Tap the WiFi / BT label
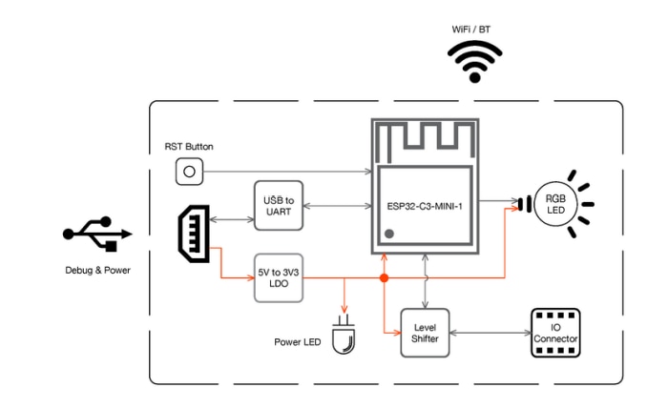tap(475, 30)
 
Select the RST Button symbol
tap(189, 172)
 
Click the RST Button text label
tap(189, 147)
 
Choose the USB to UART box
tap(279, 205)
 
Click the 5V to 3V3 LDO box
tap(279, 277)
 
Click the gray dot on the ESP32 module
tap(389, 234)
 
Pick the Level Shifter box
tap(425, 333)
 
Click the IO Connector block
tap(555, 333)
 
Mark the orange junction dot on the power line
tap(384, 278)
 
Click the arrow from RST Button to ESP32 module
tap(286, 172)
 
